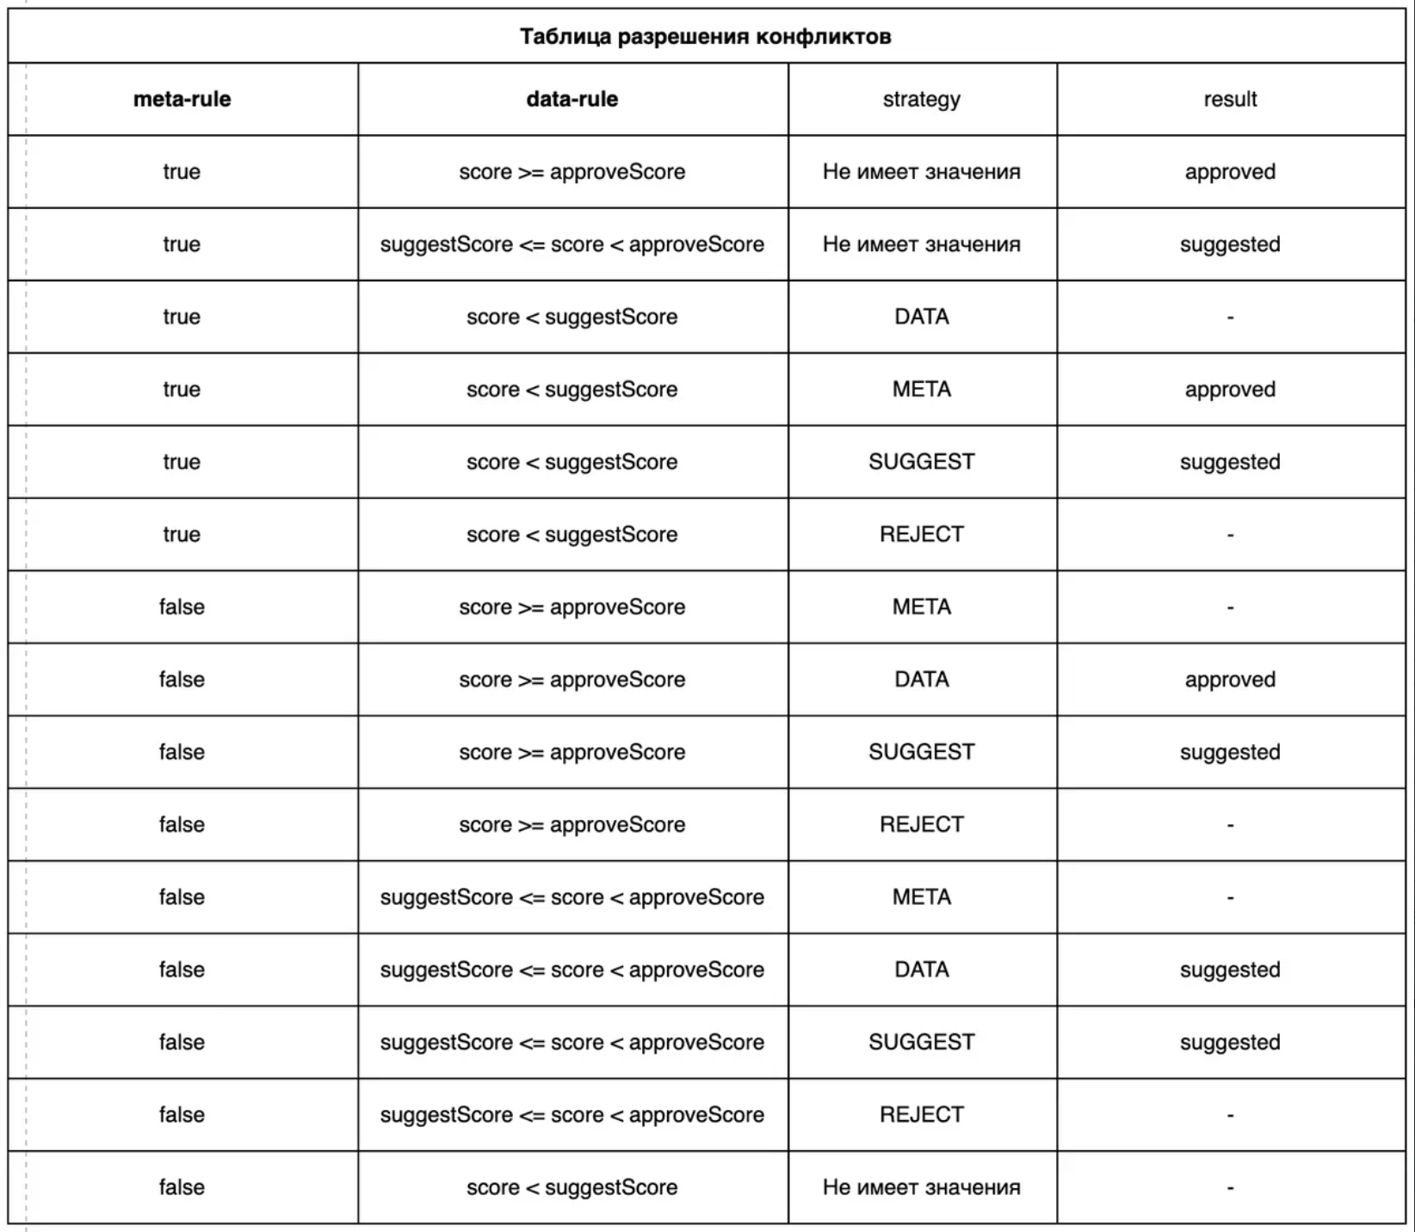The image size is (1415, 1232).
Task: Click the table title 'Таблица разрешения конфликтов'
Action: point(705,37)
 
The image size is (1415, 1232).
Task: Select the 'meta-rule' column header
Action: point(182,99)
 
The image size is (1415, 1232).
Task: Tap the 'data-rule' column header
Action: point(572,99)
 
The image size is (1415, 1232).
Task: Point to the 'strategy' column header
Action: point(921,99)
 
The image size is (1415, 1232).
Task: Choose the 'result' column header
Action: point(1230,99)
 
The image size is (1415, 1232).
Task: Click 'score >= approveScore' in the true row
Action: point(572,172)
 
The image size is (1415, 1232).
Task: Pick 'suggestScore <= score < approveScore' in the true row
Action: point(572,244)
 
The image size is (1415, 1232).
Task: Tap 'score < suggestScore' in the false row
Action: point(572,1187)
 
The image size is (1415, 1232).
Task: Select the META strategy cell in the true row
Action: point(921,390)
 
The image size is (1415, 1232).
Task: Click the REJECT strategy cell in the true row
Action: point(921,534)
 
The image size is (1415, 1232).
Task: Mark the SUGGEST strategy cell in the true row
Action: point(921,462)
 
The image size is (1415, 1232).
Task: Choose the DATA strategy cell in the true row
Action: point(921,317)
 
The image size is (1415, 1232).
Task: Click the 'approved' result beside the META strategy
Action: point(1230,390)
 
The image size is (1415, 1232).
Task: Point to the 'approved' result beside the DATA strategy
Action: point(1230,680)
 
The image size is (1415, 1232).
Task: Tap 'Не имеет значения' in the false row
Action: point(921,1187)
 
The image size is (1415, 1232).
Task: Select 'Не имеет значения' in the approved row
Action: point(921,172)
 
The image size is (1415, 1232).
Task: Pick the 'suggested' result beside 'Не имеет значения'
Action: point(1230,244)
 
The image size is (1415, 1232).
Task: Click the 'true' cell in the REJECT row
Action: point(182,534)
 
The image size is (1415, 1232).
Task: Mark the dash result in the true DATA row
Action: point(1230,317)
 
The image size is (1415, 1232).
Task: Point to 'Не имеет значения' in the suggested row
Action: point(921,244)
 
